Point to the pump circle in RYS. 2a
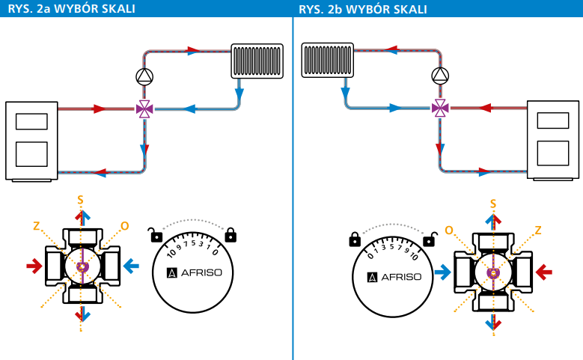pos(144,76)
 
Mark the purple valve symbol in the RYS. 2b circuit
pos(440,109)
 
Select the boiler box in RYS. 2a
pos(31,141)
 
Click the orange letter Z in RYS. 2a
pos(36,225)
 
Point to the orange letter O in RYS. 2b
pos(449,230)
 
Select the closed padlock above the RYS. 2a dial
pos(230,235)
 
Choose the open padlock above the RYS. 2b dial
pos(429,239)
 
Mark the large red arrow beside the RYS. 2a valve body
pos(34,266)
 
